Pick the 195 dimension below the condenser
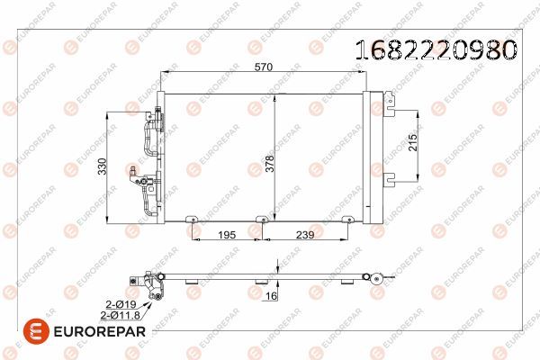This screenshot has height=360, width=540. (228, 235)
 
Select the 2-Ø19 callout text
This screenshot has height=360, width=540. (120, 306)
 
